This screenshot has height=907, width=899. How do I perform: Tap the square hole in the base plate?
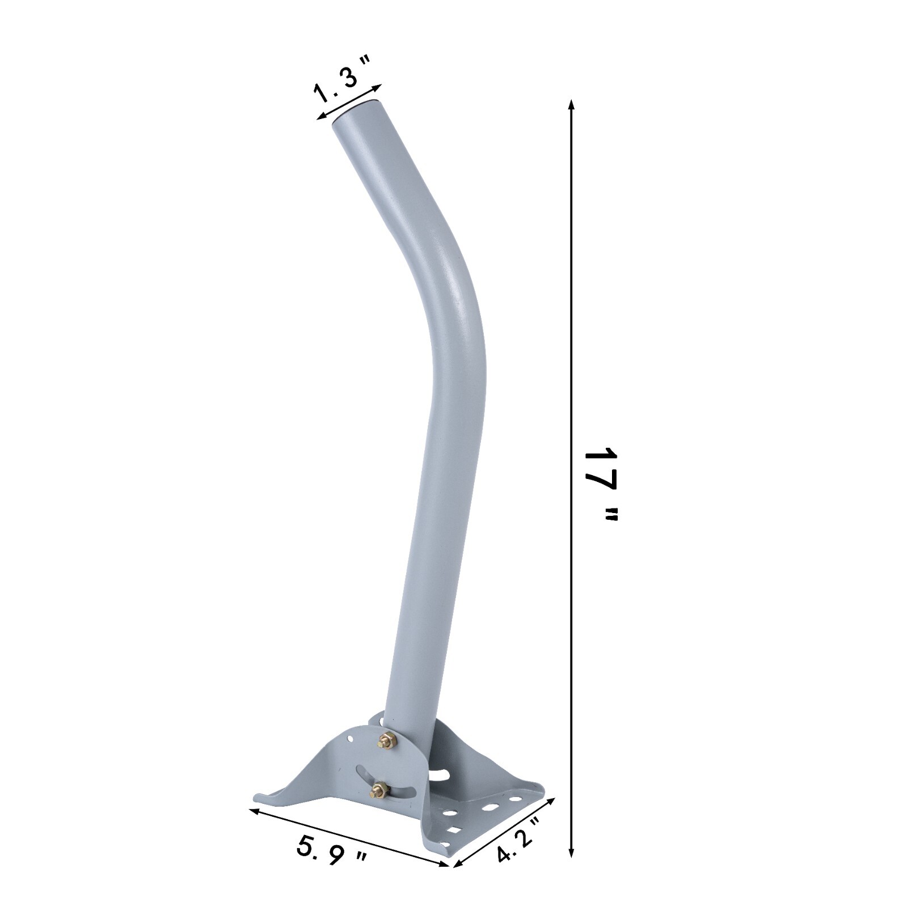point(454,830)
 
